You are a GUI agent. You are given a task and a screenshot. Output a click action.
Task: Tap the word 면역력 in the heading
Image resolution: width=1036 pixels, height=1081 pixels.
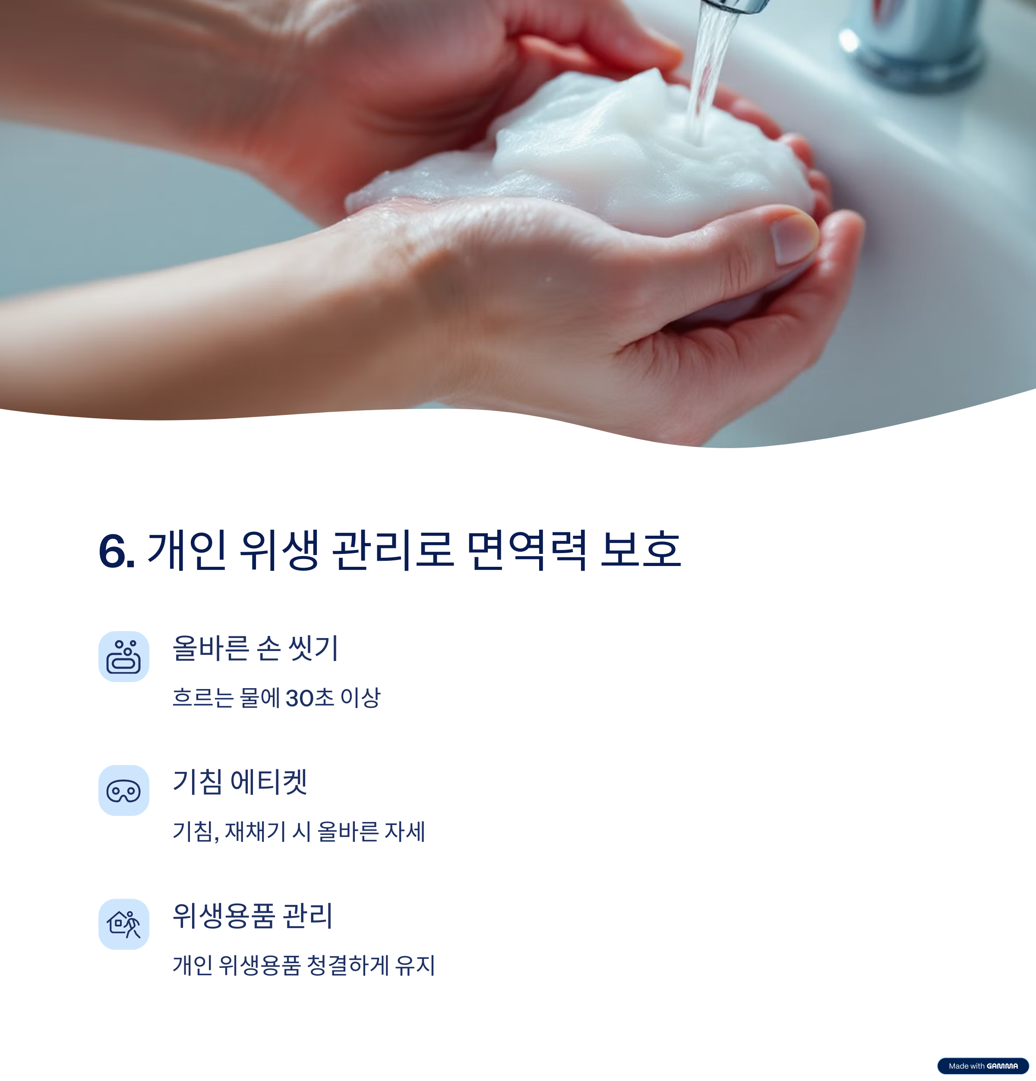[x=527, y=550]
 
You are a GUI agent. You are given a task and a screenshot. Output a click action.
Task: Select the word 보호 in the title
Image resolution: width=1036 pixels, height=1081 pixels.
[x=641, y=550]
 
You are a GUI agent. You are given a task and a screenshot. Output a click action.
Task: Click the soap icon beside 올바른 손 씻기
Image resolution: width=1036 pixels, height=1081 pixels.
[x=123, y=656]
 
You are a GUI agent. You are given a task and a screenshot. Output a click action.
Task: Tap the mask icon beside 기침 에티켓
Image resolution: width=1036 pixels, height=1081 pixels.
[x=123, y=790]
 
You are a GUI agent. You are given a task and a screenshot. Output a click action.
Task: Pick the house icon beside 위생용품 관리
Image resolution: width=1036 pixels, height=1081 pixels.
[x=123, y=924]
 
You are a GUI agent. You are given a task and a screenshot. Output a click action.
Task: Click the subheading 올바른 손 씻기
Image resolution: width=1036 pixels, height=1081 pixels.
[x=255, y=648]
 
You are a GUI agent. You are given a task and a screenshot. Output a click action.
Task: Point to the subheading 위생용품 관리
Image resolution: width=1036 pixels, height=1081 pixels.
[x=253, y=916]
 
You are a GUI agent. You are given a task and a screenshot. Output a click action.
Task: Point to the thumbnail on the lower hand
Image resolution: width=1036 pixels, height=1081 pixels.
[x=794, y=238]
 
